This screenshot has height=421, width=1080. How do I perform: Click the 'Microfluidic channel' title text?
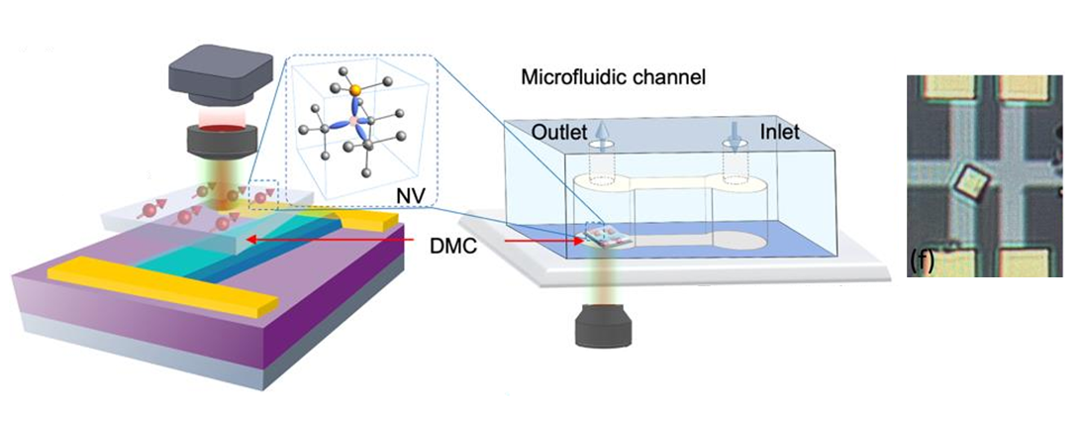click(612, 76)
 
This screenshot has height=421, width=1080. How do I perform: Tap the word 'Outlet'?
click(559, 132)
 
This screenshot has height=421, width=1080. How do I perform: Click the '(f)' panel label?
click(921, 261)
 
